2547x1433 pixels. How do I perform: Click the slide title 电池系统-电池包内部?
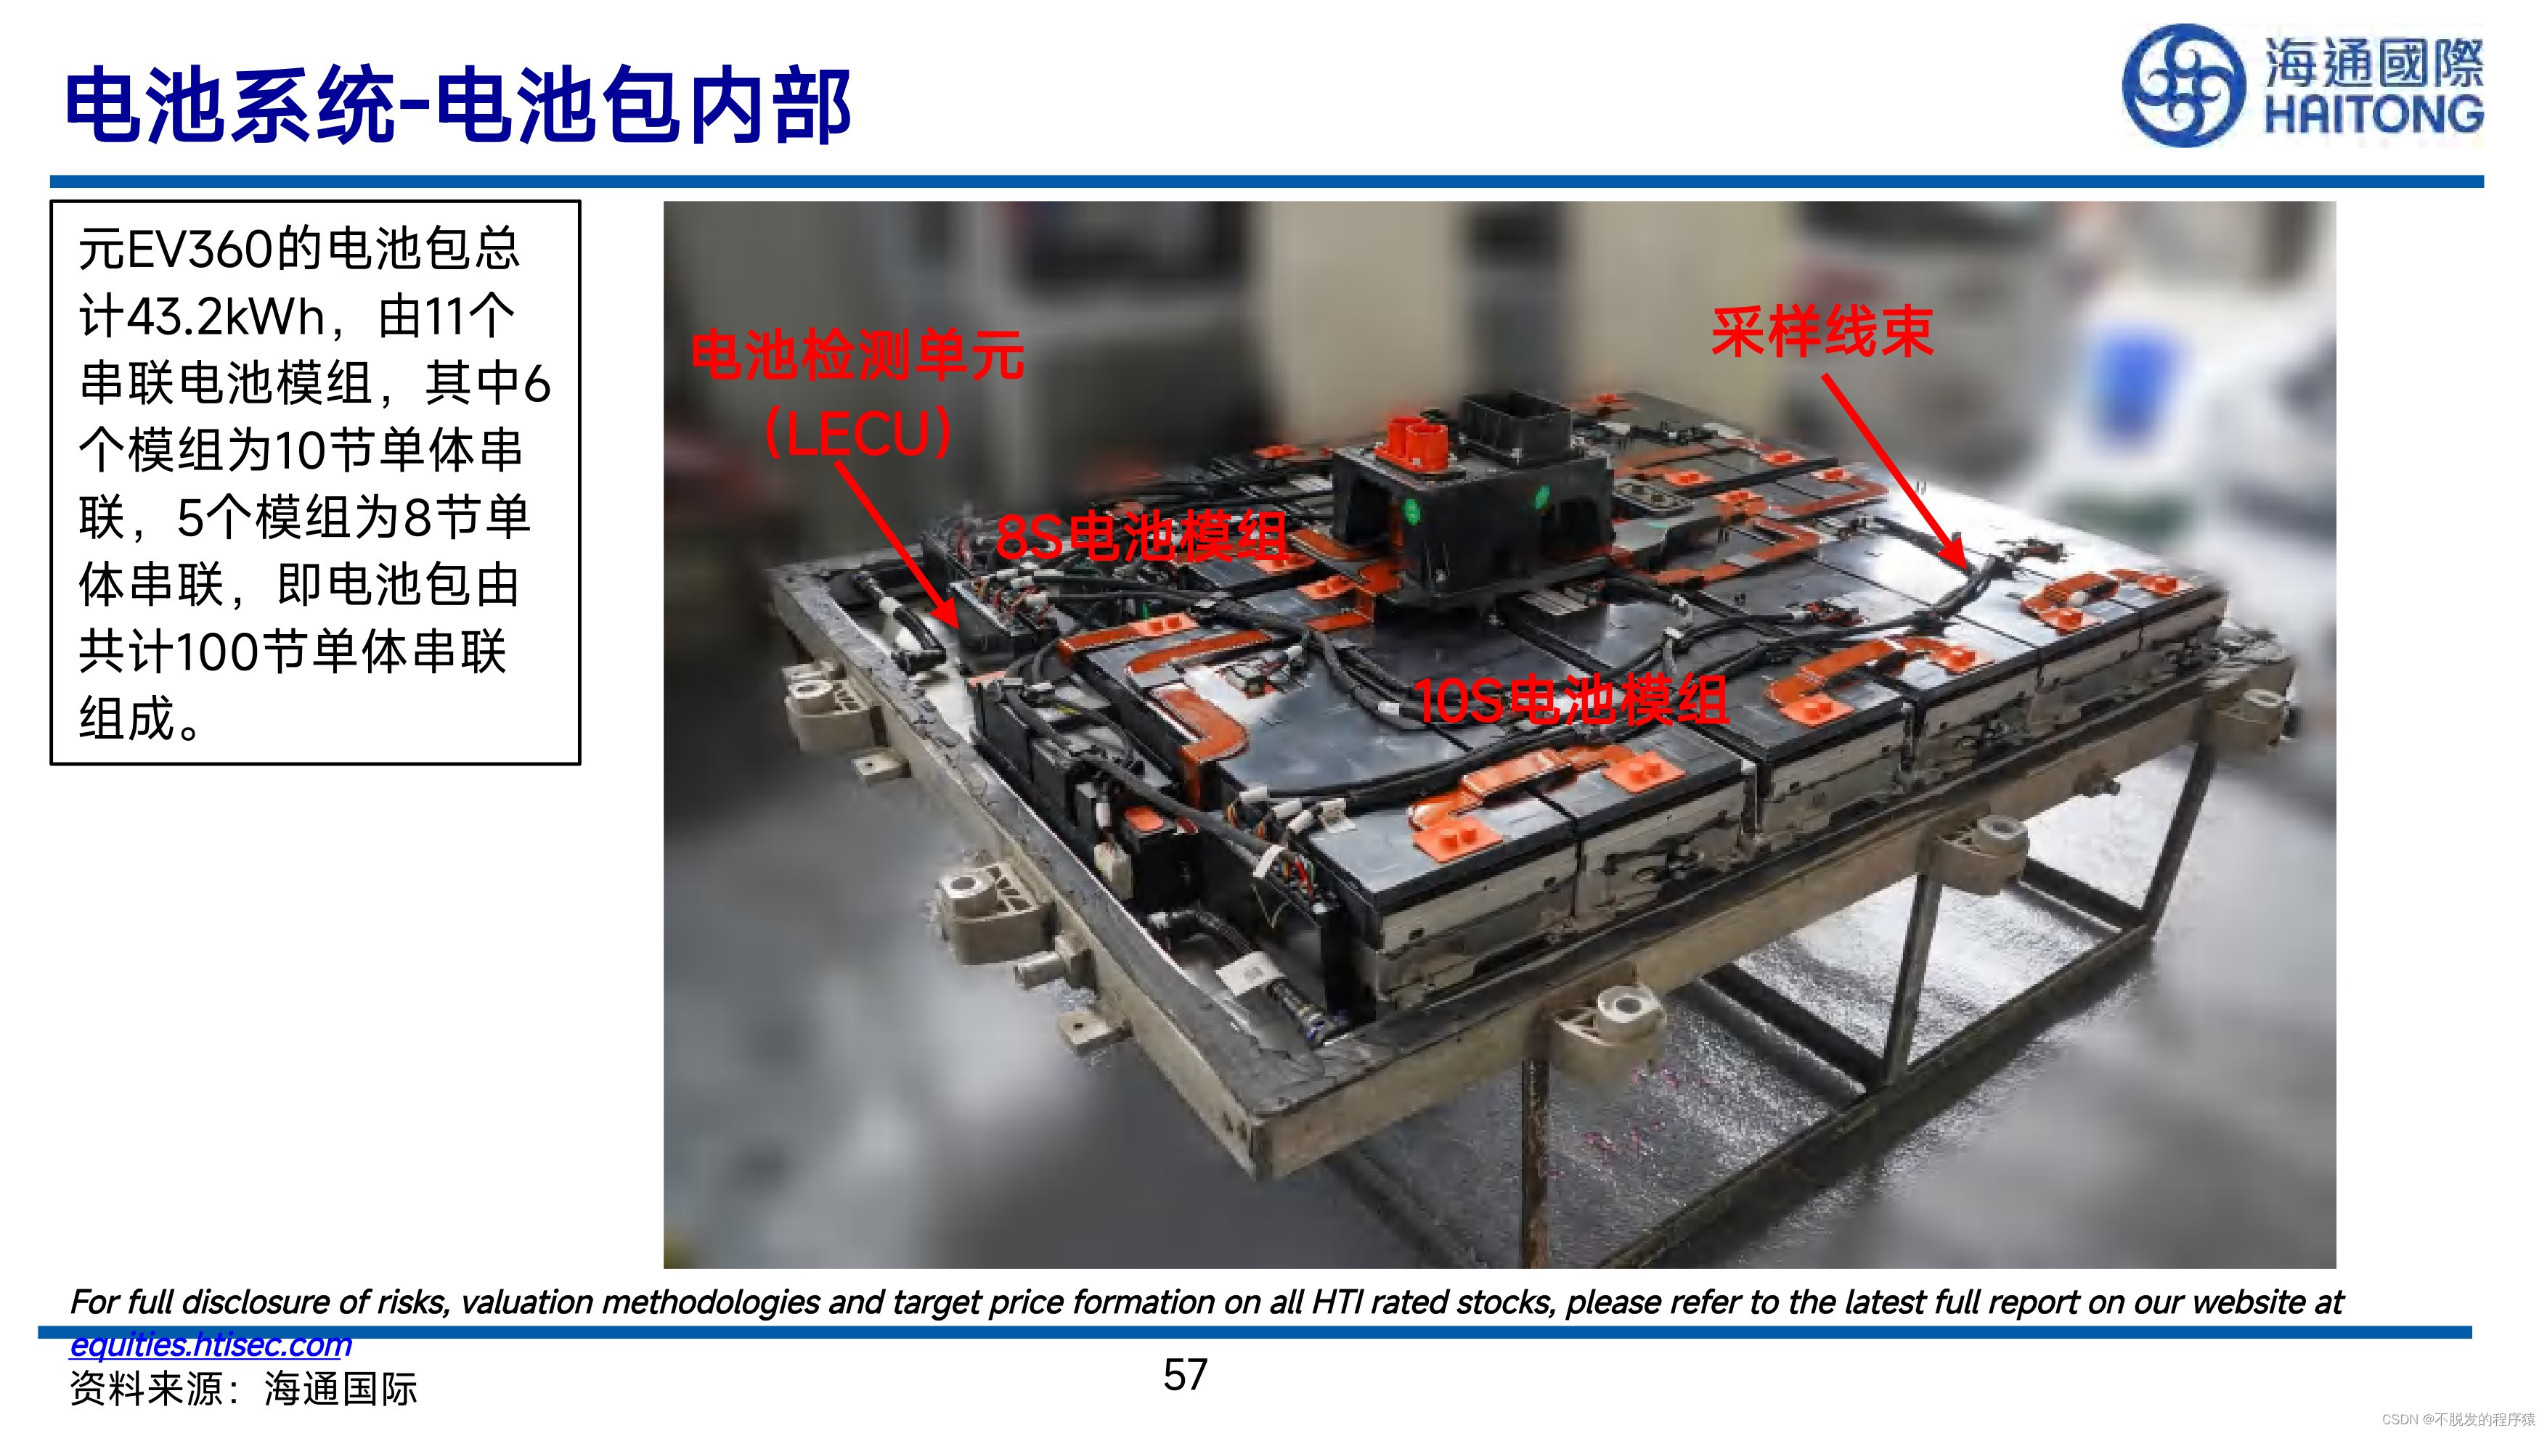coord(458,104)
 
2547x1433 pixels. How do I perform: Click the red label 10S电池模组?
coord(1571,701)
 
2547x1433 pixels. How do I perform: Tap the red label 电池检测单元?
coord(857,355)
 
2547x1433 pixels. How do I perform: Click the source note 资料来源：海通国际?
coord(243,1389)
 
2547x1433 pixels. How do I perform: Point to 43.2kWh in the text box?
coord(227,316)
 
